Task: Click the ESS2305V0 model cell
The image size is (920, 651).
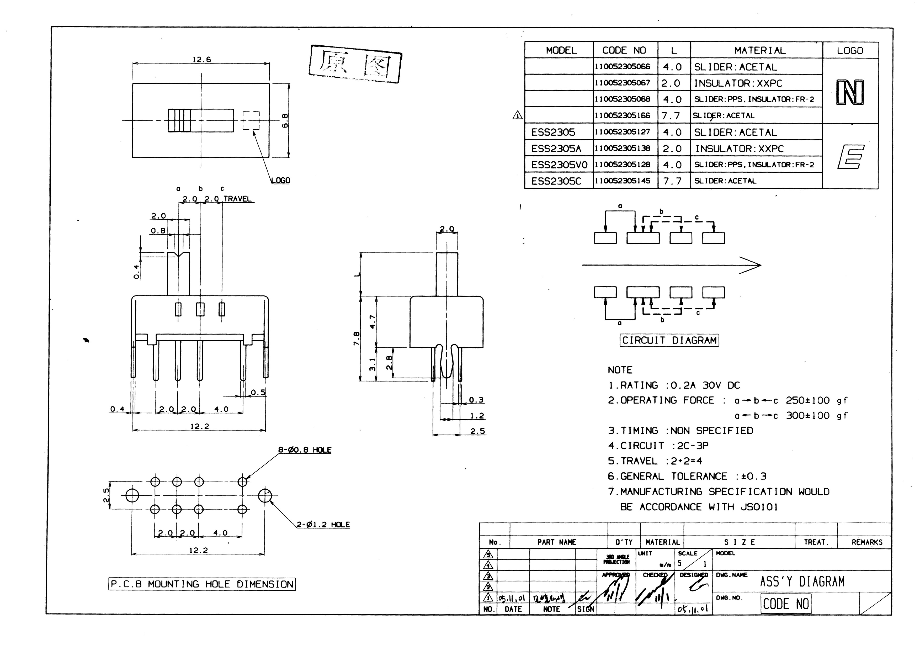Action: (559, 165)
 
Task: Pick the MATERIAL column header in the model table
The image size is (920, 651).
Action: (760, 50)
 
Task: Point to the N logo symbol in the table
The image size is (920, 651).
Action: (850, 92)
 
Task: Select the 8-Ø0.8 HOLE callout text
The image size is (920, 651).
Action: (305, 450)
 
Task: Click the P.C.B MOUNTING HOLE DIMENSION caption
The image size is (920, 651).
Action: (202, 584)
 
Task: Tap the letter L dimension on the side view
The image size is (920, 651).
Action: (357, 274)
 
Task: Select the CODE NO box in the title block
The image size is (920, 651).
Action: (785, 604)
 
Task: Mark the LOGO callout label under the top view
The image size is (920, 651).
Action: (280, 180)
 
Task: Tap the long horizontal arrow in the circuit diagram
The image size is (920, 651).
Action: (671, 265)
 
